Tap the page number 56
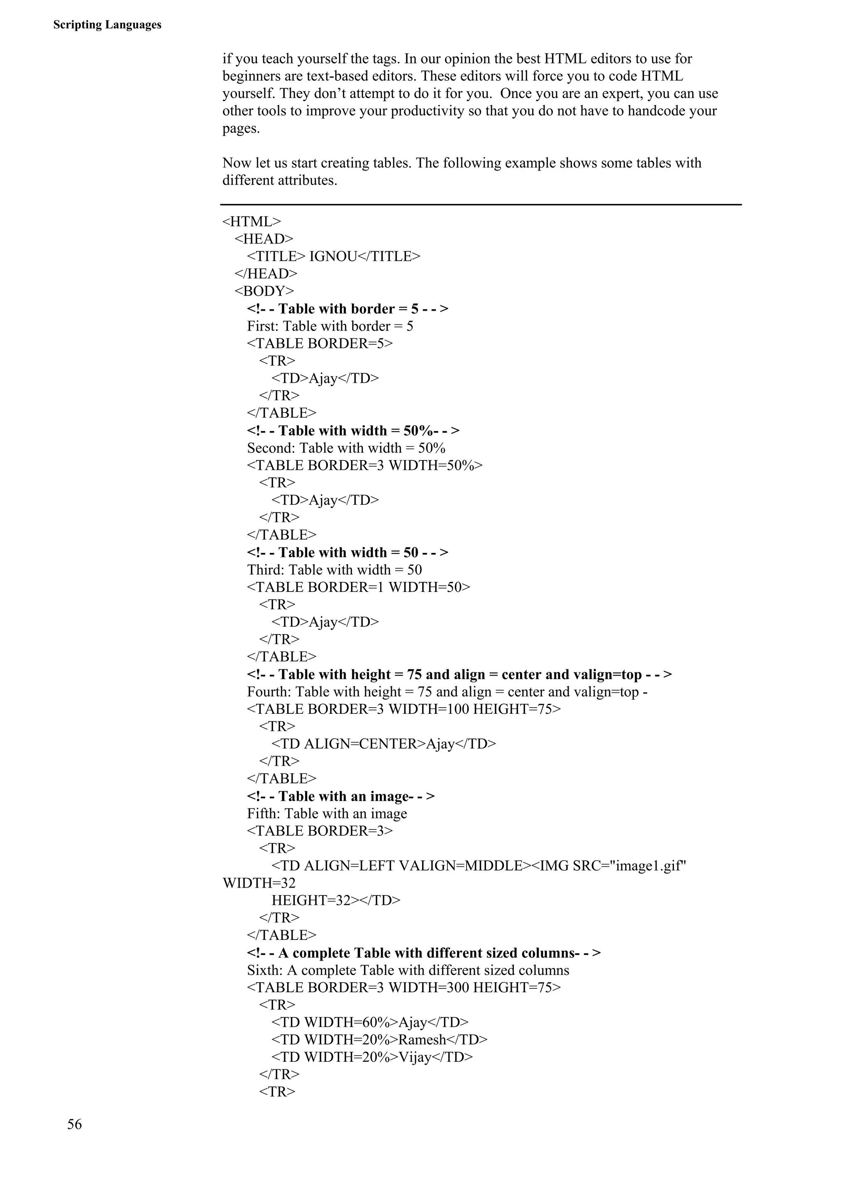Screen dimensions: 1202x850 (x=74, y=1124)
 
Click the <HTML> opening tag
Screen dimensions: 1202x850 (x=252, y=221)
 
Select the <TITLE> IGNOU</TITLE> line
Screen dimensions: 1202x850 (x=333, y=256)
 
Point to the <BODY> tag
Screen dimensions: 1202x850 (x=264, y=291)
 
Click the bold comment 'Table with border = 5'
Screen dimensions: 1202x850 (x=347, y=309)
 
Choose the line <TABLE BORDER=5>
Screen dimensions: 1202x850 (x=320, y=343)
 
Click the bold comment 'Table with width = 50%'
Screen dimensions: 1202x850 (x=353, y=431)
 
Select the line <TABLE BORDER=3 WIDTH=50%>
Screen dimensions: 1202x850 (x=364, y=465)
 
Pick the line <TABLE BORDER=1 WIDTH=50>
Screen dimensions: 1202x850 (x=358, y=587)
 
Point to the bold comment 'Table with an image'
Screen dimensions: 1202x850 (x=340, y=796)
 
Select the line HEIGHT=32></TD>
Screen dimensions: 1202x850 (x=336, y=900)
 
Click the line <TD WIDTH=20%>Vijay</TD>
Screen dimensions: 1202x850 (x=372, y=1057)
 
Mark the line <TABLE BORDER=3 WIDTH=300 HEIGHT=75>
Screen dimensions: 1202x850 (x=403, y=987)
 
